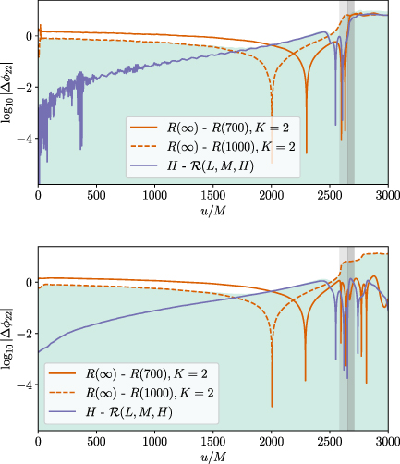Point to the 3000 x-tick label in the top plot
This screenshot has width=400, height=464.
(x=387, y=196)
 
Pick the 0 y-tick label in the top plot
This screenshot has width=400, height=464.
(x=29, y=36)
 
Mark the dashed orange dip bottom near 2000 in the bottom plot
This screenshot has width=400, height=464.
(x=272, y=405)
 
